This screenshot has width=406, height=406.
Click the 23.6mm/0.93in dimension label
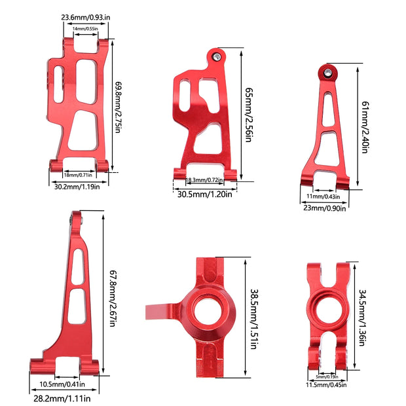point(85,17)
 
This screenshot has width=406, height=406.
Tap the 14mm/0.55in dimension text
point(85,28)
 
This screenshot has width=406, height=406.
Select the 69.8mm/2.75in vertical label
point(118,107)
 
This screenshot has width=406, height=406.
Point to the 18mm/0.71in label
point(78,175)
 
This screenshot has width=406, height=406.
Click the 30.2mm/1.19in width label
point(77,187)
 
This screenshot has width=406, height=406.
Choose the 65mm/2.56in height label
point(249,115)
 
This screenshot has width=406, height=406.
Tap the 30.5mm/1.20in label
point(204,194)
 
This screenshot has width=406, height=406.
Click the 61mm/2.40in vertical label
point(365,127)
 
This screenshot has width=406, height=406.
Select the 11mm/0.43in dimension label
point(323,196)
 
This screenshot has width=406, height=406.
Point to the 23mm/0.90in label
point(324,208)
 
